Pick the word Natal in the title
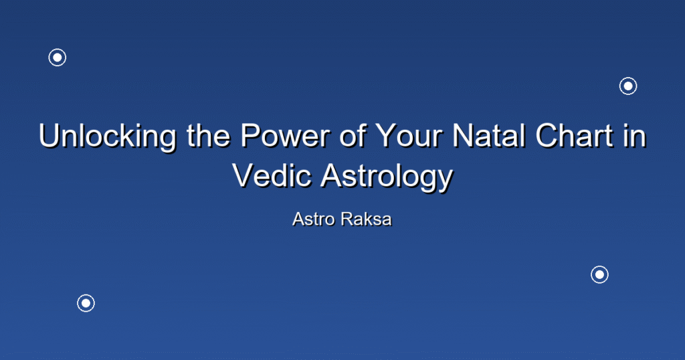tap(488, 135)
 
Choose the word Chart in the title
tap(574, 135)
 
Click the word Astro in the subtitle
tap(314, 219)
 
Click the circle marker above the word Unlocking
tap(58, 58)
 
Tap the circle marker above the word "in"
tap(628, 86)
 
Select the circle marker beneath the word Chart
tap(600, 274)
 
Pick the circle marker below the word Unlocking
tap(86, 302)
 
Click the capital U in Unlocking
tap(50, 135)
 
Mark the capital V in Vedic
tap(243, 175)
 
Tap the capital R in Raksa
tap(347, 219)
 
